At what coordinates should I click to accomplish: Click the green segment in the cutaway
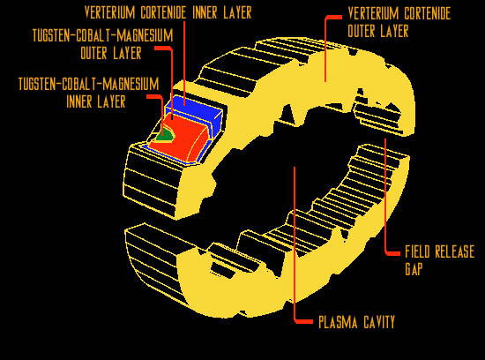click(164, 135)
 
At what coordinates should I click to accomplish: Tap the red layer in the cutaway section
click(183, 138)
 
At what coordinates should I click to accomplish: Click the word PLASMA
click(338, 322)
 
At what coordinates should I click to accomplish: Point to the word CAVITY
click(379, 322)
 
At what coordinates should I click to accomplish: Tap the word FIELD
click(417, 251)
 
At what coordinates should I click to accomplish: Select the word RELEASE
click(455, 251)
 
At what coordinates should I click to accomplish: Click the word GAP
click(414, 269)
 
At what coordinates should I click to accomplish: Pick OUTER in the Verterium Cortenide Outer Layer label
click(364, 31)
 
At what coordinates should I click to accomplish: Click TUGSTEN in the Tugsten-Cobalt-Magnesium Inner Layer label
click(37, 84)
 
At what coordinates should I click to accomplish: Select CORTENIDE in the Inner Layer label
click(163, 12)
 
